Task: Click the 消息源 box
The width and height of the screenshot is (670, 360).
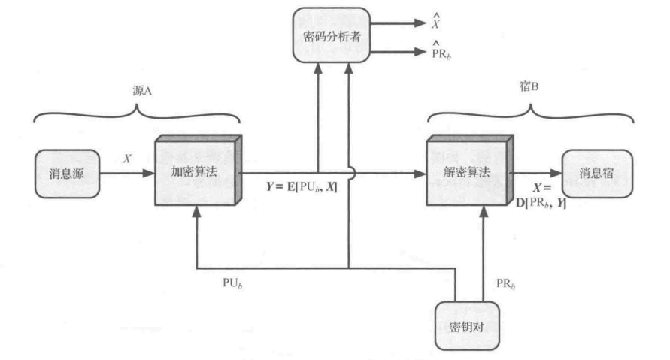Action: [x=66, y=174]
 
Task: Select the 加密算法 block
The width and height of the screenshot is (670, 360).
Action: [x=196, y=171]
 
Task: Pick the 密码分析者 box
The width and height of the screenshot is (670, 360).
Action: [x=331, y=35]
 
